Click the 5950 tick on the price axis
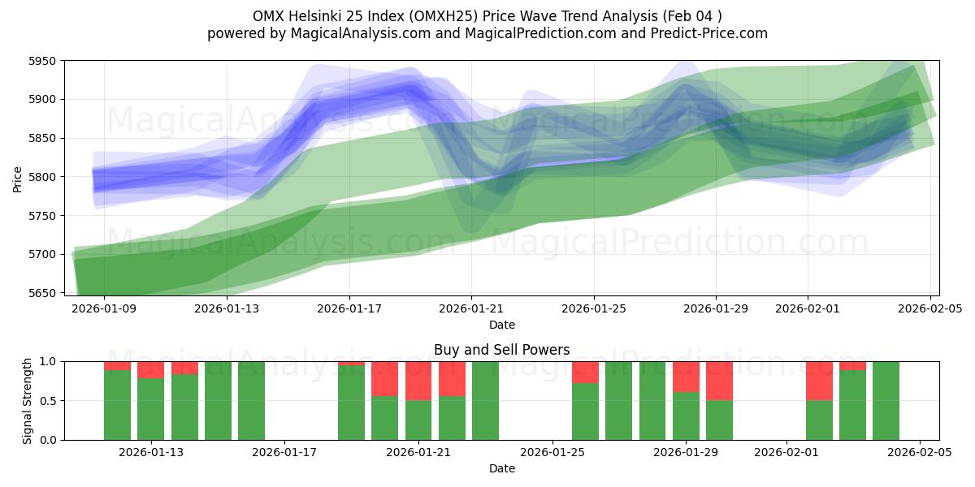tap(42, 61)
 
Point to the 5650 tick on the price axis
tap(42, 293)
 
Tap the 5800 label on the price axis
tap(42, 177)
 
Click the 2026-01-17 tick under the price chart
tap(349, 308)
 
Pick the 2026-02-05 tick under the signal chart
tap(920, 453)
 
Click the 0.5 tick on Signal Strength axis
tap(49, 401)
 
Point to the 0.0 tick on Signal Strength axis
tap(49, 440)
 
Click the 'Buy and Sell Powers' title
tap(501, 351)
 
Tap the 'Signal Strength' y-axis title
tap(28, 400)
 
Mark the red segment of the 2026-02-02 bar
tap(819, 381)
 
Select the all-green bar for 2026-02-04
tap(886, 401)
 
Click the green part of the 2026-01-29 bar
tap(686, 416)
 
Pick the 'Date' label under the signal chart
tap(501, 468)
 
